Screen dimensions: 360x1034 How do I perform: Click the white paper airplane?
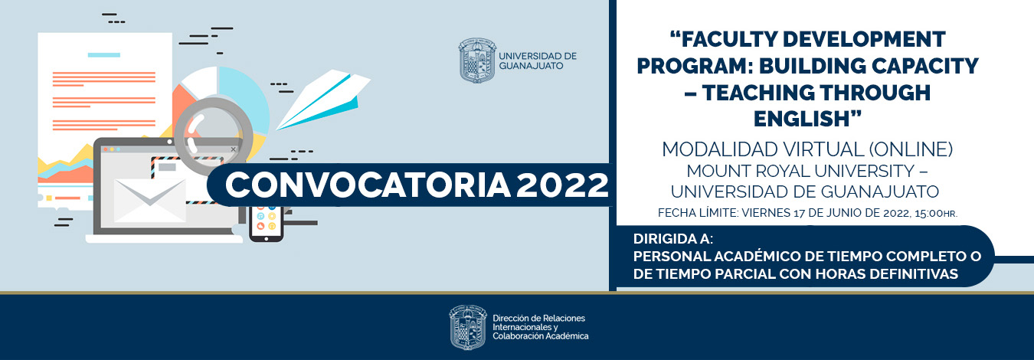(x=322, y=100)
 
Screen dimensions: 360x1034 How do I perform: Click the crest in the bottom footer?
(x=467, y=328)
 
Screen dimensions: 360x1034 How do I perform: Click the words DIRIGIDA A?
(x=673, y=239)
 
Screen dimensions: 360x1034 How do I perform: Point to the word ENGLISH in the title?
(x=807, y=119)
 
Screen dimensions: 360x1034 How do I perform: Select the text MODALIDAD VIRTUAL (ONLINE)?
(x=807, y=148)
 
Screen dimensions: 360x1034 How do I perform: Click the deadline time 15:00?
(x=925, y=212)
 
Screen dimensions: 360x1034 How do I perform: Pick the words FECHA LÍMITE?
(x=695, y=212)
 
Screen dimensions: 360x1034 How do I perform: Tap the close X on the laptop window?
(x=234, y=149)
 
